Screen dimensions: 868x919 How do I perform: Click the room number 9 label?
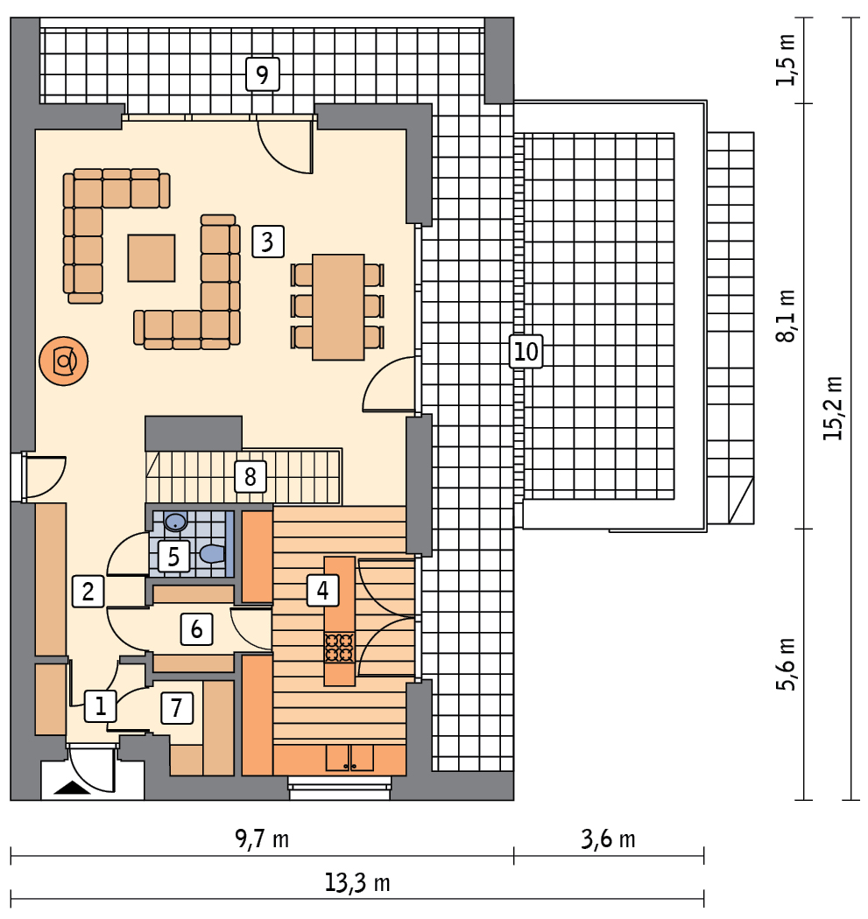262,74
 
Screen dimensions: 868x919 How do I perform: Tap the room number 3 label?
267,242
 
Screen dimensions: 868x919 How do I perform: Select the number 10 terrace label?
526,352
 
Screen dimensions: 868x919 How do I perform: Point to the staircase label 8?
251,476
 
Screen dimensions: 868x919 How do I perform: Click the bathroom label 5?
173,556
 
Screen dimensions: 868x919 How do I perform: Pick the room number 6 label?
196,629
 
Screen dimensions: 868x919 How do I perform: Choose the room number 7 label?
177,707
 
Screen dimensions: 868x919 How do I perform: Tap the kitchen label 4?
322,590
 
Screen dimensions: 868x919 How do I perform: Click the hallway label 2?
88,592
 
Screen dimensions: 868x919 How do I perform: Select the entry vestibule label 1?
101,705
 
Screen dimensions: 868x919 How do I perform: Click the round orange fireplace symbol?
63,361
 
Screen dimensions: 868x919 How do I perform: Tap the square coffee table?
152,258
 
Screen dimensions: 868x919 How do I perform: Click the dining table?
338,307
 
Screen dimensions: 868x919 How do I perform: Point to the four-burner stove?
340,647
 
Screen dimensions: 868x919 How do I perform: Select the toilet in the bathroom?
212,553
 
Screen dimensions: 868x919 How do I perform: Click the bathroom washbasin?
175,521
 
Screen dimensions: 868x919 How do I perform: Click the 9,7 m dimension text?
262,838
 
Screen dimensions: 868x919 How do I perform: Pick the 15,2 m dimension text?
832,408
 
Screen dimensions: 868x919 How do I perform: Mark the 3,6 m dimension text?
608,839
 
